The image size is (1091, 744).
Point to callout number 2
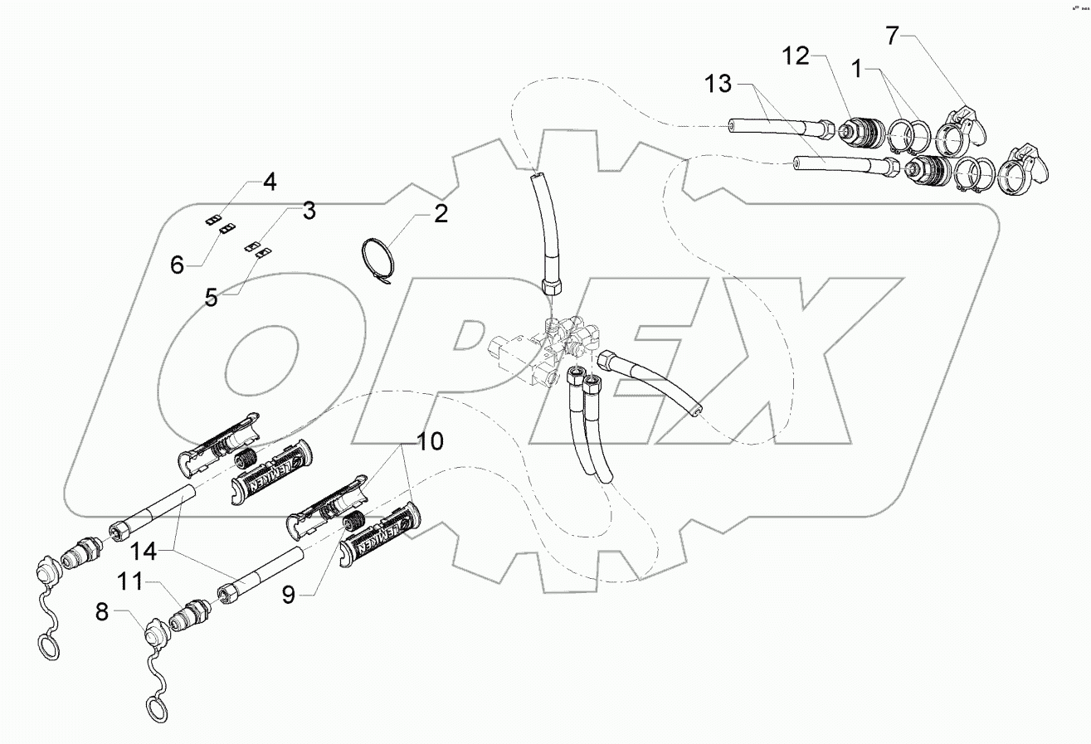click(x=439, y=214)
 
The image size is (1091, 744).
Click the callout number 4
click(x=270, y=182)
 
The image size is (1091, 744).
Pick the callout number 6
click(x=177, y=265)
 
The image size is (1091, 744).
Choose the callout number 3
click(x=308, y=211)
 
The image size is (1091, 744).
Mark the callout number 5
click(x=212, y=297)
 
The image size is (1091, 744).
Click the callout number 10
click(x=431, y=440)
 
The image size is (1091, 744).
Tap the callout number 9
click(x=288, y=595)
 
